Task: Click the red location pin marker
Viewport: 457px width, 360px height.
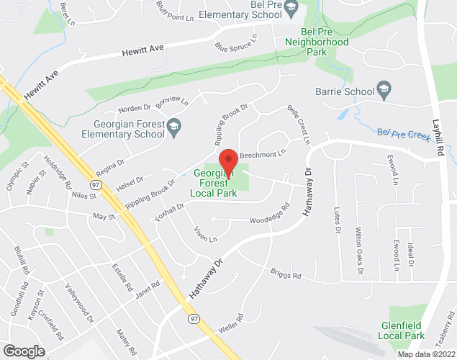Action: [228, 159]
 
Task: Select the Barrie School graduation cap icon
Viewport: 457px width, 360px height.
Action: [384, 91]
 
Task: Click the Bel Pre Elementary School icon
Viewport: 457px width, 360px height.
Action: [291, 9]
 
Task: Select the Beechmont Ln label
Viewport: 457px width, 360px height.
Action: [263, 153]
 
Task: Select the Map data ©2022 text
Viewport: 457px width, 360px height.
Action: [426, 354]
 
